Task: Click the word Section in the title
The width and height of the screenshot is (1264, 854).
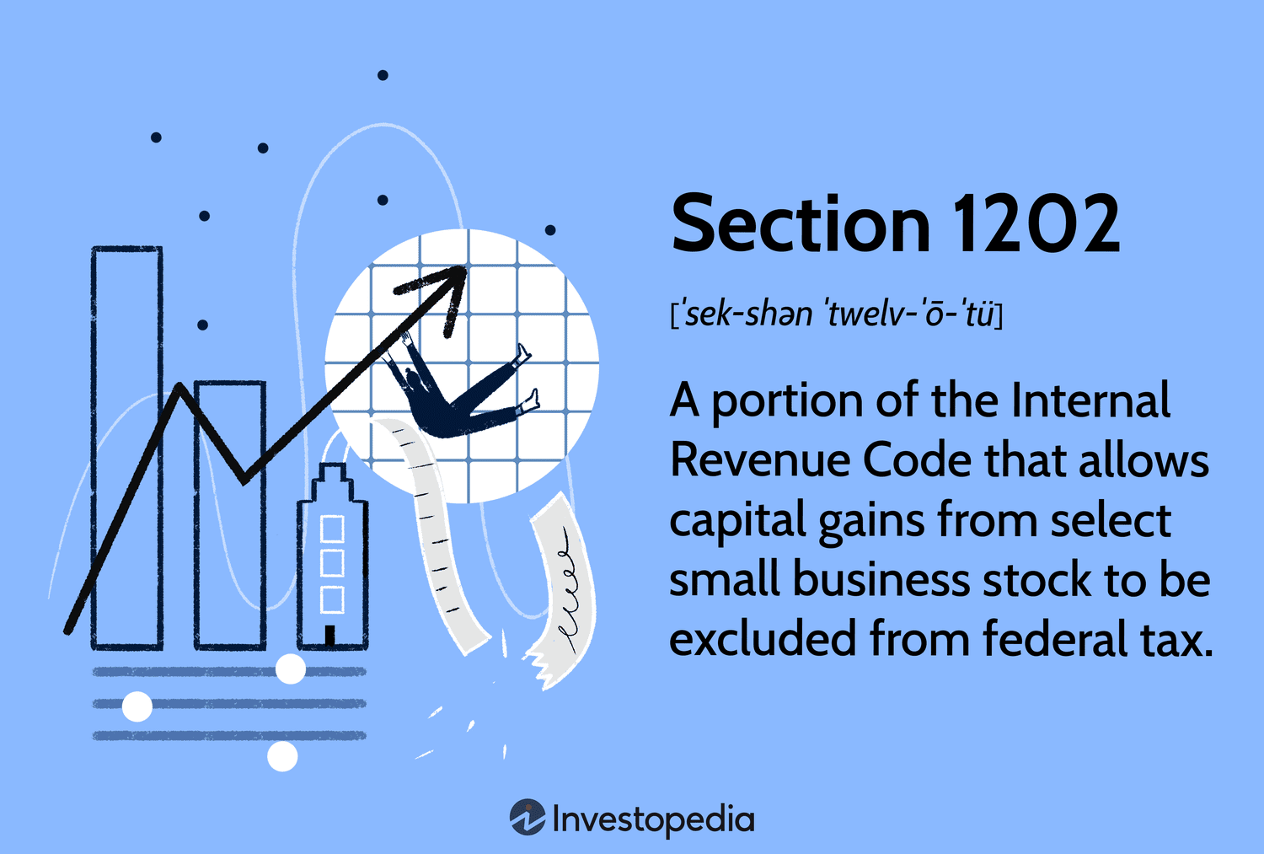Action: point(800,224)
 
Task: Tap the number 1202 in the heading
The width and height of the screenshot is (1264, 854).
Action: point(1036,224)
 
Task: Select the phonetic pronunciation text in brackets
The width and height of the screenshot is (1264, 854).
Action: point(836,315)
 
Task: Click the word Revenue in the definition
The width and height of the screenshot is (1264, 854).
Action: point(759,461)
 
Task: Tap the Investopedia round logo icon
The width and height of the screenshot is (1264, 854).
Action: point(528,818)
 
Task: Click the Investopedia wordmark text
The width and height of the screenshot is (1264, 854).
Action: point(653,819)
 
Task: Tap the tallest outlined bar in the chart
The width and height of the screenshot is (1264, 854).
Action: point(127,447)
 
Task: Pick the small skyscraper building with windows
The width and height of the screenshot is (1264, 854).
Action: point(332,556)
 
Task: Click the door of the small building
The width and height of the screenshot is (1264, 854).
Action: point(330,635)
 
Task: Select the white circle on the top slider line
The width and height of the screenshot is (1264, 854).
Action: point(291,669)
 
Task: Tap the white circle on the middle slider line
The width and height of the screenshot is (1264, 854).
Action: point(137,706)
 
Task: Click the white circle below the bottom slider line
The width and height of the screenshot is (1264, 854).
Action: point(282,756)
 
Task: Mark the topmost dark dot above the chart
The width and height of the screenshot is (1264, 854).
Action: point(383,75)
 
